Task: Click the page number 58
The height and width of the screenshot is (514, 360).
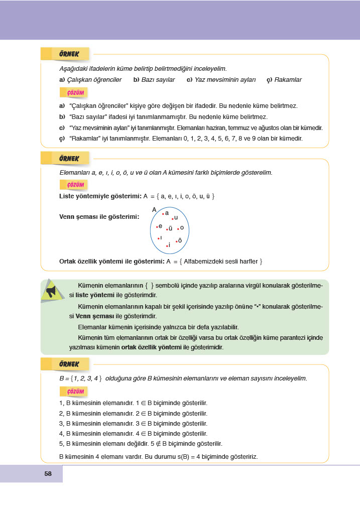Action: [x=48, y=473]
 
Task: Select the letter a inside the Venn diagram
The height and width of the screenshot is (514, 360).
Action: [x=166, y=213]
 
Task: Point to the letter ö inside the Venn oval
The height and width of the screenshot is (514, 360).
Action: [x=180, y=240]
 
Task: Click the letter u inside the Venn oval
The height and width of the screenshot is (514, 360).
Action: [x=176, y=217]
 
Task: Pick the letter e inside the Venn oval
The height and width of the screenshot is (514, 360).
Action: [x=160, y=226]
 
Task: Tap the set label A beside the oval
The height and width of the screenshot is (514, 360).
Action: [x=154, y=209]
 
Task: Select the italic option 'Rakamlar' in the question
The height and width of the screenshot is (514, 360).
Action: [x=288, y=80]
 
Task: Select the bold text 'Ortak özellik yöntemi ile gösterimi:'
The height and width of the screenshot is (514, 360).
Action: [x=112, y=262]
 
